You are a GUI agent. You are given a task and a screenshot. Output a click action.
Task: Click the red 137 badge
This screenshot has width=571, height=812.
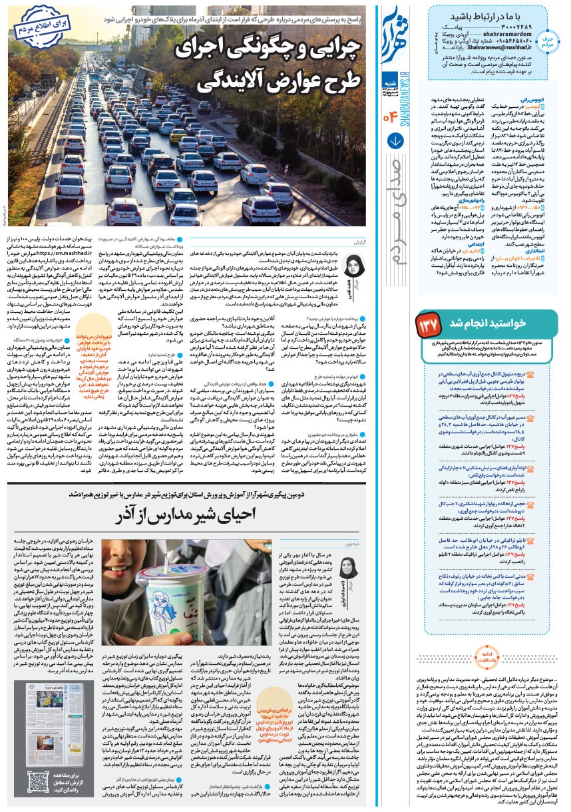coord(428,323)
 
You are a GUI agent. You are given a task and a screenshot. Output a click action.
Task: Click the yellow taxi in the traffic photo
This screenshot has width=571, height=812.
coord(176,136)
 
